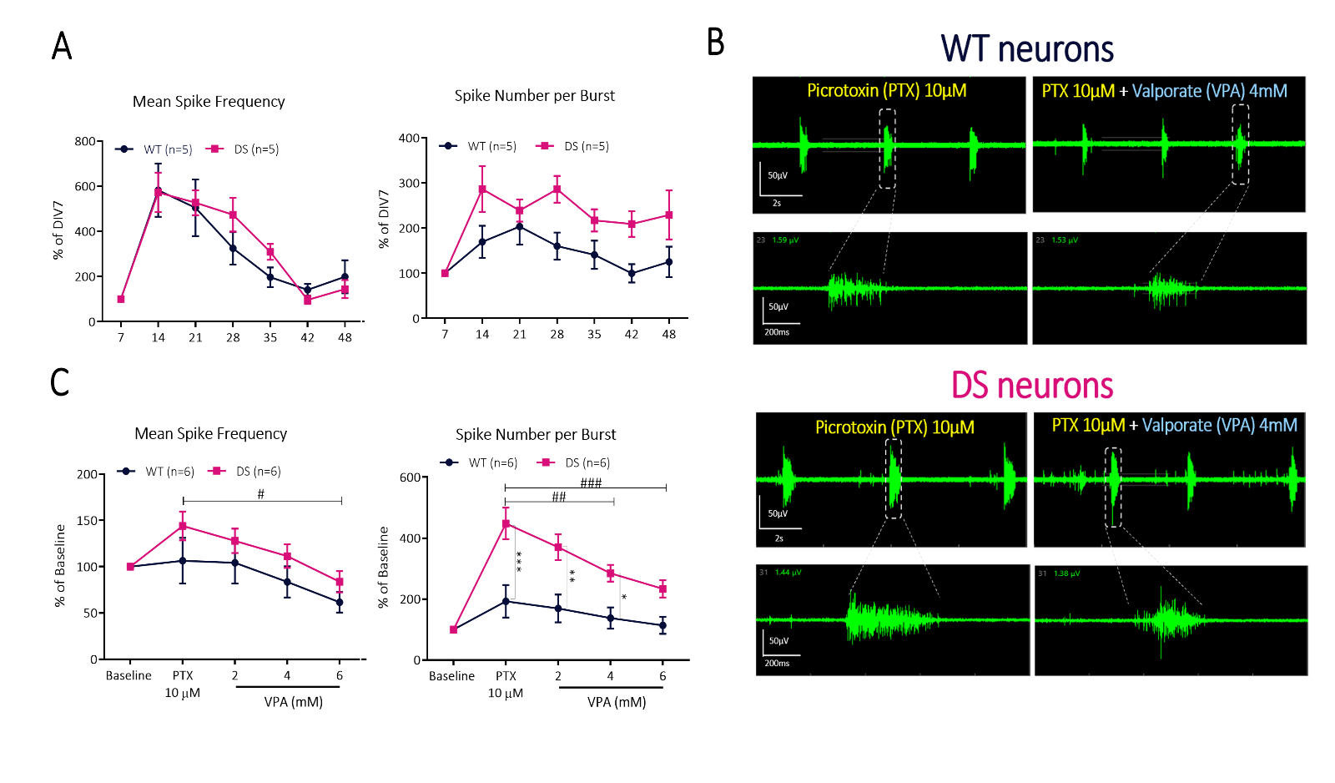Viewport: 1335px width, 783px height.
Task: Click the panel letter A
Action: [62, 46]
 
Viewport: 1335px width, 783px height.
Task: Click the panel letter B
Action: [716, 42]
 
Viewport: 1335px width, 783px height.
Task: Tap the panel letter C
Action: [60, 382]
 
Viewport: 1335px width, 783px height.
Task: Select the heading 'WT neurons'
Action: [1027, 49]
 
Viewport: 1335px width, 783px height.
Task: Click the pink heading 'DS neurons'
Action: [1032, 386]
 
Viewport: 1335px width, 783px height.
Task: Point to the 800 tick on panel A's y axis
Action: [84, 141]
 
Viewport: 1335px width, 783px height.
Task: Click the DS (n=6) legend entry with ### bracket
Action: [576, 462]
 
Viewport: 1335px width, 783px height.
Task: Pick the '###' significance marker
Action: [591, 482]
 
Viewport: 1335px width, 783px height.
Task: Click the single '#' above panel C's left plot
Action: [261, 494]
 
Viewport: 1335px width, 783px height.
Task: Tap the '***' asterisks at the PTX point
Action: [519, 562]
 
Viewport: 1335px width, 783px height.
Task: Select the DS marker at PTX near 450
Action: [506, 524]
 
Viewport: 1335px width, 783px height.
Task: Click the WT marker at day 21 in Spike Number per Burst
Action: [520, 226]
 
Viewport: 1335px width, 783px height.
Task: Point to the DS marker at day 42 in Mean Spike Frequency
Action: [308, 301]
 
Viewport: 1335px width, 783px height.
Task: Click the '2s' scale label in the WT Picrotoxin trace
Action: [777, 203]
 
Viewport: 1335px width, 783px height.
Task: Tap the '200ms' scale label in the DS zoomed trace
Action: [777, 664]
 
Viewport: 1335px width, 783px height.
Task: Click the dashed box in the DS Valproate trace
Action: [1113, 487]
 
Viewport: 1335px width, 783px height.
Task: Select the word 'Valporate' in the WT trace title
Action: [1166, 91]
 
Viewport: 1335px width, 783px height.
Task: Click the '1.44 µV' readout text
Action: [788, 573]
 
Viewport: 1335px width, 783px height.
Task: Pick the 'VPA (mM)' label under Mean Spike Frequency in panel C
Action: [293, 702]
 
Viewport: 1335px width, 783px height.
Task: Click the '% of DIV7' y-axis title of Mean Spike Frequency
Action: [58, 230]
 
